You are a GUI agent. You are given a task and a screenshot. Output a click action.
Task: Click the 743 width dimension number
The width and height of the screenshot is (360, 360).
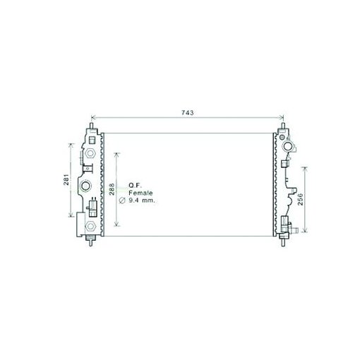[x=187, y=113]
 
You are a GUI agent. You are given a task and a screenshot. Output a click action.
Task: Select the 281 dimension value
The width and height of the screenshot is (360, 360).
[x=67, y=180]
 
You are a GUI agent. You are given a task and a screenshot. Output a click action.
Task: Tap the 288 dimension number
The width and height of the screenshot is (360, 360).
[x=112, y=189]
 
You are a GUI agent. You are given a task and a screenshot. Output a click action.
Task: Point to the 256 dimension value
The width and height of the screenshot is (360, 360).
[x=300, y=200]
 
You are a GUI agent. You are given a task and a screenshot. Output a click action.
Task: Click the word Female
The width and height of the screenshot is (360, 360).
[x=140, y=193]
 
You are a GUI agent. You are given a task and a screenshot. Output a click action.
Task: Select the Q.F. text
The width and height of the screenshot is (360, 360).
[x=135, y=186]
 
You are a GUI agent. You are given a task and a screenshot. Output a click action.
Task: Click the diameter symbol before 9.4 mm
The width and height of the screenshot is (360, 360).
[x=122, y=200]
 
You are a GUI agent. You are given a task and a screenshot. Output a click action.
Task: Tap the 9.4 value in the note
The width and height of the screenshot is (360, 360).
[x=133, y=200]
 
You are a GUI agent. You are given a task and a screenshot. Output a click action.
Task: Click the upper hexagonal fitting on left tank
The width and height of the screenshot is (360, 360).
[x=90, y=153]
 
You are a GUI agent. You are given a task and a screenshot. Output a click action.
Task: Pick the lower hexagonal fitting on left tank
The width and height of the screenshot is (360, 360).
[x=90, y=226]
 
